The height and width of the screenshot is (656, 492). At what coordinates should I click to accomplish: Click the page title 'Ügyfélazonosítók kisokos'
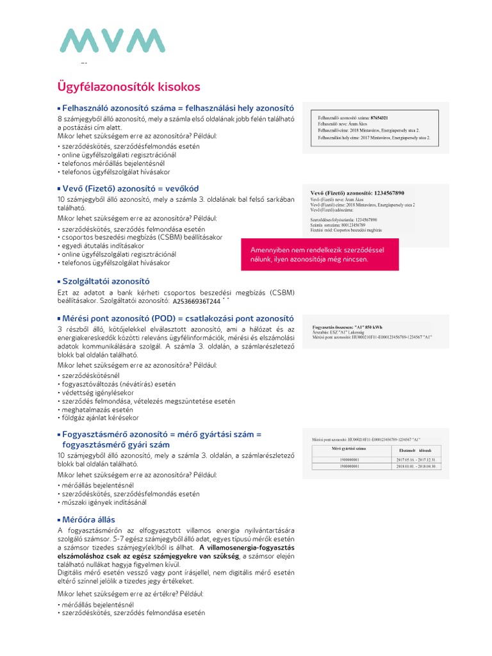point(129,86)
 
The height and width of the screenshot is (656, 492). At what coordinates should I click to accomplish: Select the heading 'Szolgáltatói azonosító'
point(106,281)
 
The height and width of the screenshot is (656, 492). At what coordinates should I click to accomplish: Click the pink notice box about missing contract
point(320,254)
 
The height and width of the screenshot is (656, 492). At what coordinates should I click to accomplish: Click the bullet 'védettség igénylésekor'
point(97,392)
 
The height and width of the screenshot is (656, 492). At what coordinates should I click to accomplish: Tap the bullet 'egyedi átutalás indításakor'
point(102,245)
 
